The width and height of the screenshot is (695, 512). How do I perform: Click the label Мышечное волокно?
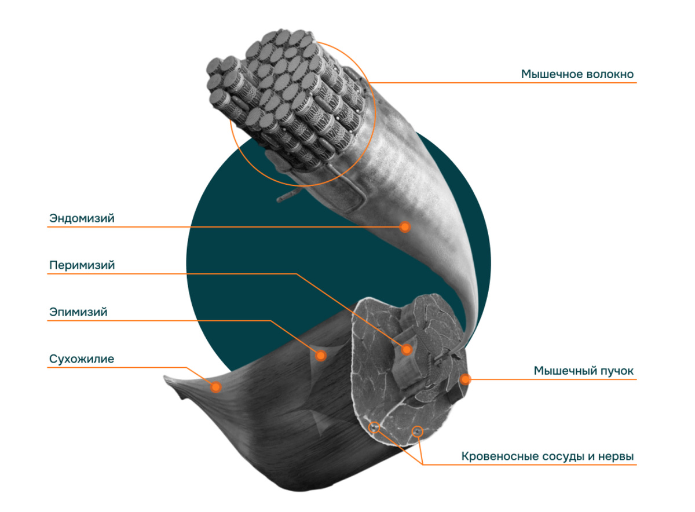click(x=577, y=75)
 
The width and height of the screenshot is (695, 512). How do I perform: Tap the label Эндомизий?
click(x=82, y=219)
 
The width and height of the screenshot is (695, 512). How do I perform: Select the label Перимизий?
click(x=82, y=265)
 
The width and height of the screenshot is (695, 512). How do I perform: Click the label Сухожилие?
click(x=82, y=359)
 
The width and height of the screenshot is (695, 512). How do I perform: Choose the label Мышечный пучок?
click(x=584, y=371)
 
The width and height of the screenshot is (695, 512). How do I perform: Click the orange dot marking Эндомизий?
click(x=405, y=226)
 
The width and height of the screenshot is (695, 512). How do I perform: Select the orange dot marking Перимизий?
click(x=407, y=349)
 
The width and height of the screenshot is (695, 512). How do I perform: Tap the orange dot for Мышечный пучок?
click(x=464, y=379)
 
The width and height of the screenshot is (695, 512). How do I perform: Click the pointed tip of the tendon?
click(x=165, y=378)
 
